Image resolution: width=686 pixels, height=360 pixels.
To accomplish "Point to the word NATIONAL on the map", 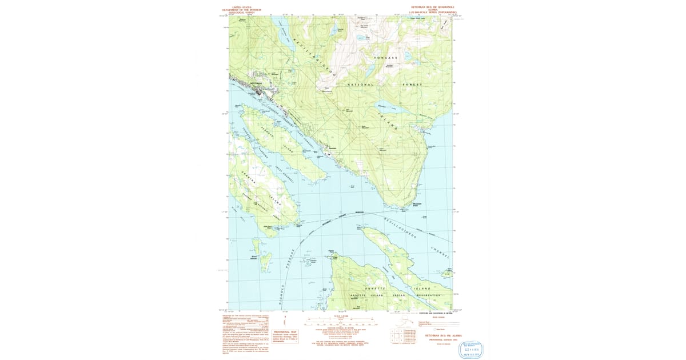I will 360,85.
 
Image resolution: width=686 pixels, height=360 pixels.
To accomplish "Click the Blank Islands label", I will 253,258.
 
